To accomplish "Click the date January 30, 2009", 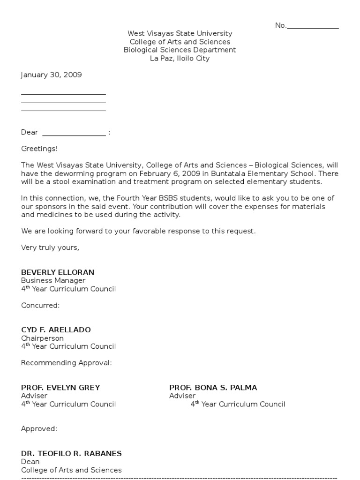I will pos(52,75).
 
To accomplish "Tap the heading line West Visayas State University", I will pos(180,34).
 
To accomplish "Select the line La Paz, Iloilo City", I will pos(180,59).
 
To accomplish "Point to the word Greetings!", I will pos(39,149).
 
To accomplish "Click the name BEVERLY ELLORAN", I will pos(58,272).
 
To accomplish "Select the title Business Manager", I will pos(53,281).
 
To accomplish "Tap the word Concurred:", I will pos(40,306).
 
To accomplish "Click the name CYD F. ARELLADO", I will pos(56,330).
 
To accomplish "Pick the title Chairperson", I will pos(42,338).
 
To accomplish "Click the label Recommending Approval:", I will pos(67,363).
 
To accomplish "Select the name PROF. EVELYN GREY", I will pos(60,388).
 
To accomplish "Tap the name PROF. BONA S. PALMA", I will pos(213,388).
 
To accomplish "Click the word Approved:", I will pos(39,429).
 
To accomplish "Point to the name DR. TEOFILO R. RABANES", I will pos(71,453).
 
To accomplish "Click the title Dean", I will pos(30,462).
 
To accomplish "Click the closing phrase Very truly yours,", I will pos(50,247).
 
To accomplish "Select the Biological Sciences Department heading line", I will pos(180,50).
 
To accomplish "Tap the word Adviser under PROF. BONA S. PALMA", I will pos(182,396).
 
